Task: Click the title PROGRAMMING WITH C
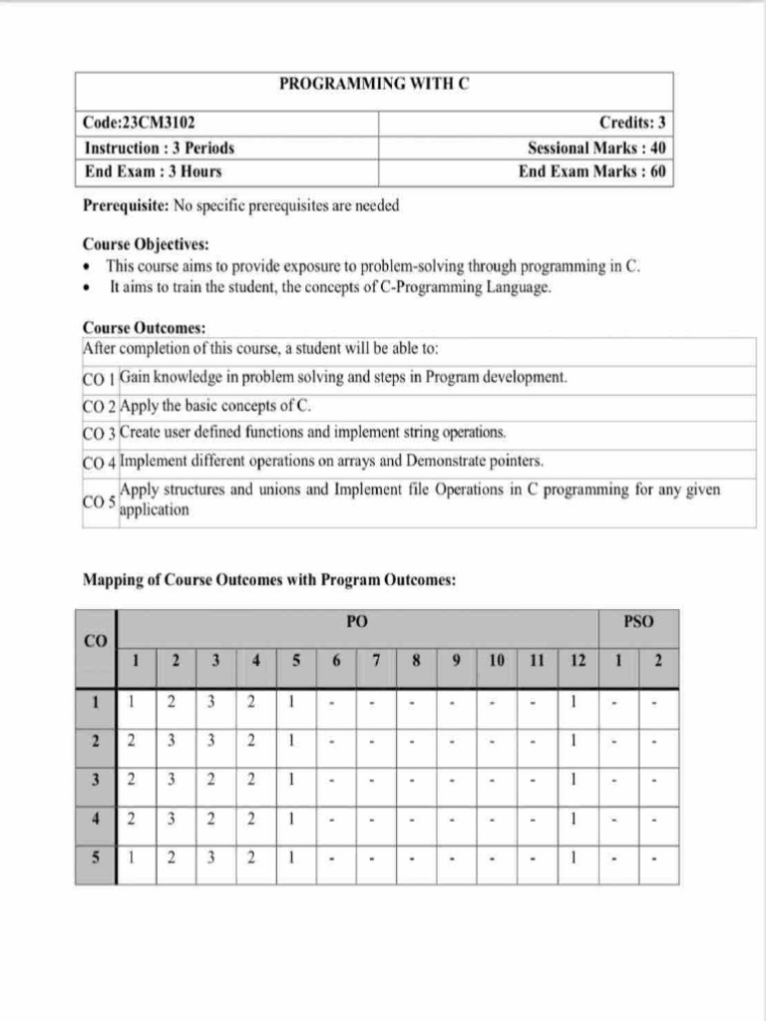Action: tap(373, 86)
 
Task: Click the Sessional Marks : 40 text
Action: tap(596, 148)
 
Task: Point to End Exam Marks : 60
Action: tap(591, 171)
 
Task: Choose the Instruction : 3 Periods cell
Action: tap(160, 148)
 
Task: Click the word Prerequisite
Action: tap(125, 206)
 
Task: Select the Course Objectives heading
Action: tap(146, 244)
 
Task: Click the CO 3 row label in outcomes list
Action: tap(99, 434)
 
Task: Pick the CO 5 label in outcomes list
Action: tap(99, 500)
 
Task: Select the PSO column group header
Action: tap(638, 621)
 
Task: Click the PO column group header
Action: tap(357, 621)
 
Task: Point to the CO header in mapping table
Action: tap(96, 641)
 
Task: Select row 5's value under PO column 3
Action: tap(211, 858)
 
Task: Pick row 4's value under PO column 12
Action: tap(575, 820)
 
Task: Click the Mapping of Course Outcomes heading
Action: tap(269, 579)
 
